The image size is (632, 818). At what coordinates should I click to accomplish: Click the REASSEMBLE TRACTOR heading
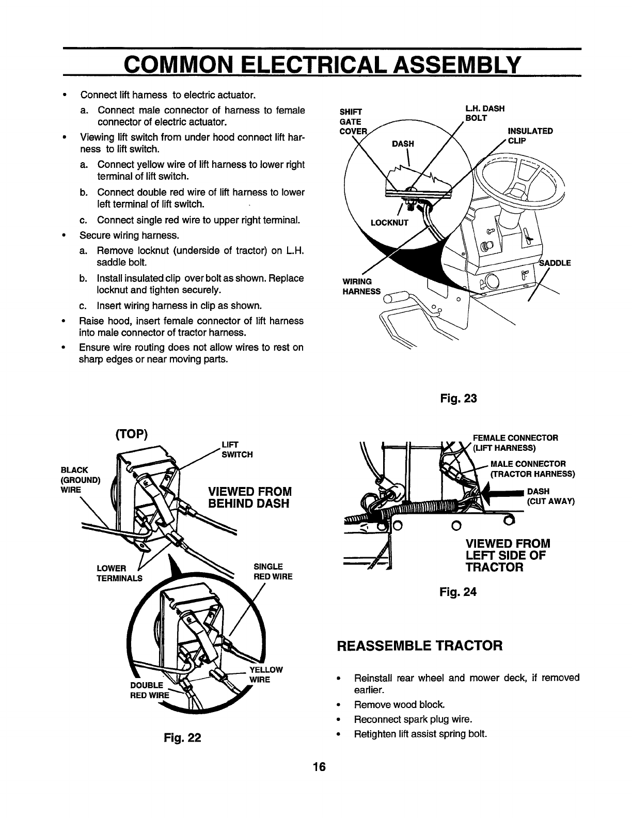tap(419, 646)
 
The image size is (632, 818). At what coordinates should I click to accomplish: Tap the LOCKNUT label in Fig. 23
tap(389, 223)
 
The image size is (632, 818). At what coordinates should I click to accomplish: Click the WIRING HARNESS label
tap(361, 287)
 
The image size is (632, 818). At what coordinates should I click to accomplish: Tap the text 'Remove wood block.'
tap(399, 704)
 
